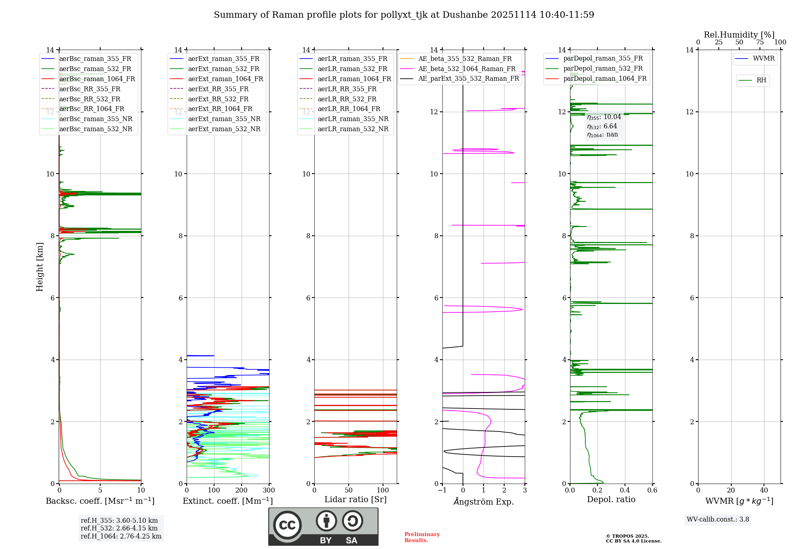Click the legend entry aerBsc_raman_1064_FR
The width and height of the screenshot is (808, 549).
tap(97, 79)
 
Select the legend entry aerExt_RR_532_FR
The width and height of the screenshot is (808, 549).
tap(218, 99)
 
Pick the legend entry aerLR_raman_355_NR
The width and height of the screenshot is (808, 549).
tap(353, 119)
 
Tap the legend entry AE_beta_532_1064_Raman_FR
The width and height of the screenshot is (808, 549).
tap(467, 69)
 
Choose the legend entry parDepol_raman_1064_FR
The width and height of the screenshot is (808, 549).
tap(605, 78)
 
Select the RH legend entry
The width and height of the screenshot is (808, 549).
tap(761, 80)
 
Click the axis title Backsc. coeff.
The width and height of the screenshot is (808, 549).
tap(100, 501)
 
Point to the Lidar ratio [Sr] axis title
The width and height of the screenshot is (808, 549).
tap(355, 499)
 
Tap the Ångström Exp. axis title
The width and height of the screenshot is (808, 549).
tap(484, 501)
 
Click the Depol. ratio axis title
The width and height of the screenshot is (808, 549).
tap(611, 499)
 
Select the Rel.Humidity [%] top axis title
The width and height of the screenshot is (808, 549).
tap(739, 35)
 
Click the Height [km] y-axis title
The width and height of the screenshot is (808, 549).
tap(40, 266)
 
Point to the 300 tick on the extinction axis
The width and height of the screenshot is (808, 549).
tap(269, 490)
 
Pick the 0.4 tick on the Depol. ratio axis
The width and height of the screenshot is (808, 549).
tap(625, 490)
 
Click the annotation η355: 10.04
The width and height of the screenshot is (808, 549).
tap(604, 117)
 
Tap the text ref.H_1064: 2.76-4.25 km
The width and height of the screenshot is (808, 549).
tap(121, 536)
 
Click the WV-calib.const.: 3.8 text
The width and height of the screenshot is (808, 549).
tap(718, 519)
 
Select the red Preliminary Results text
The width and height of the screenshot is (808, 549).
tap(422, 537)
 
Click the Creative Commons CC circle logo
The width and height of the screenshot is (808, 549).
tap(287, 525)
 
